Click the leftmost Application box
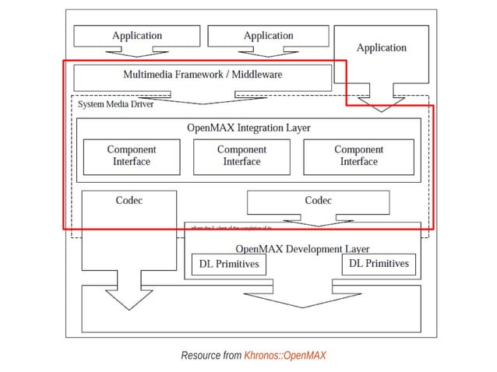(136, 36)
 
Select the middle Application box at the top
(268, 36)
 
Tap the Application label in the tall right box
(381, 47)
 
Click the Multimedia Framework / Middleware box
(202, 75)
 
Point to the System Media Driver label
(115, 104)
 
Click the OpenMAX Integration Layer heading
(248, 127)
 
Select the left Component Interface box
(131, 156)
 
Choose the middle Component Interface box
(241, 156)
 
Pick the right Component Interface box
(358, 156)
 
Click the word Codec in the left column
(129, 201)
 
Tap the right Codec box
(318, 201)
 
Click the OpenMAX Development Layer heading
(302, 248)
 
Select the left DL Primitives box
(228, 265)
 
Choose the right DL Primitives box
(378, 265)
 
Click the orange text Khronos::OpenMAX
(284, 356)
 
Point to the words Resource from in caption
(211, 356)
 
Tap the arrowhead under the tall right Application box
(381, 106)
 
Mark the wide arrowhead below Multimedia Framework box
(203, 99)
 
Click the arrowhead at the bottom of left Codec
(129, 302)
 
